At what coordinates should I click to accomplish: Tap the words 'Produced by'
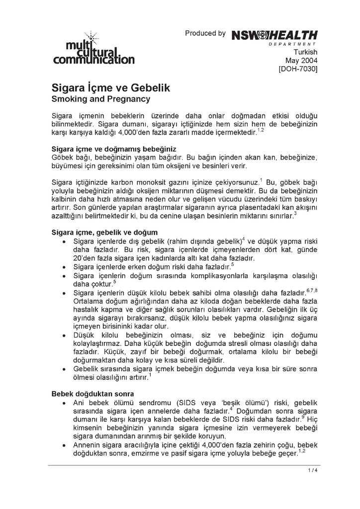[205, 33]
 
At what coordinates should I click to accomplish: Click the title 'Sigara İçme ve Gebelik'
[111, 88]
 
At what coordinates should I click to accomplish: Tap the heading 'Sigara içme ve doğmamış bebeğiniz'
[114, 149]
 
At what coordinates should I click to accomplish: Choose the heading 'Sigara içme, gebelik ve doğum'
[105, 232]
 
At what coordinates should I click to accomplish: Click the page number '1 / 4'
[312, 470]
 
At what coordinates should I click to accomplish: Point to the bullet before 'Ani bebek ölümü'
[65, 402]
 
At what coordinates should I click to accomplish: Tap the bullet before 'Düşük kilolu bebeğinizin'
[65, 336]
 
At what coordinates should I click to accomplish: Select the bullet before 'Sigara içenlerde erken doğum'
[65, 267]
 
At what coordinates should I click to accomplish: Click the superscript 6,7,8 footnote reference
[312, 290]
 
